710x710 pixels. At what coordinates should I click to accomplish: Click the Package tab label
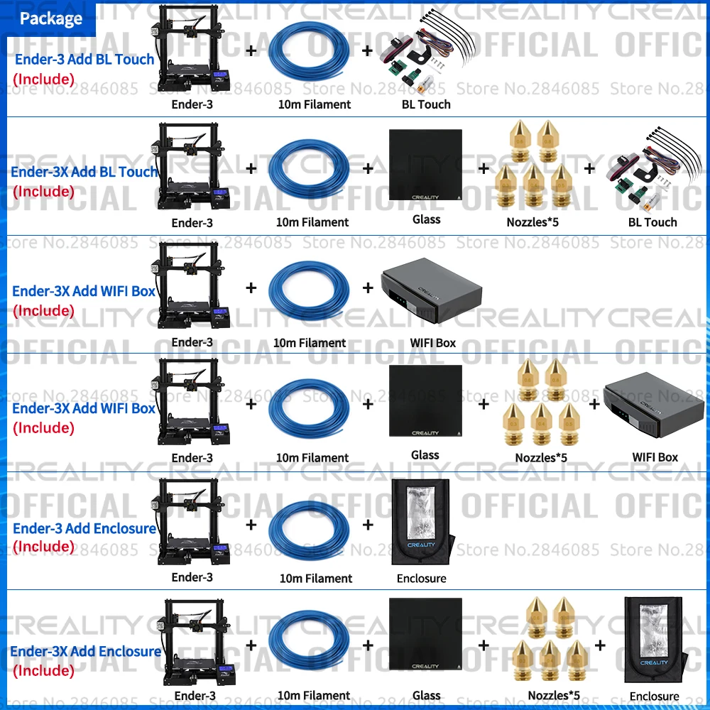(50, 18)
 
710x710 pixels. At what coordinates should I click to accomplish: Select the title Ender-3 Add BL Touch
(84, 59)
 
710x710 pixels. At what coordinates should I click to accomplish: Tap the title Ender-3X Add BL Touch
(84, 172)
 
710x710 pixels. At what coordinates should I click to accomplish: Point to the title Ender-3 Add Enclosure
(84, 528)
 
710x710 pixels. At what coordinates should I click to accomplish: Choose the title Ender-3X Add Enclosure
(85, 651)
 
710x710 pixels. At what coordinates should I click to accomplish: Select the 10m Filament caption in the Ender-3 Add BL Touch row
(314, 104)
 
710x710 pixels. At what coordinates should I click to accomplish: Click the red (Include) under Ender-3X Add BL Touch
(43, 191)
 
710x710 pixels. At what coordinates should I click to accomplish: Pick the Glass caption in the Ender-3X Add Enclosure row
(426, 696)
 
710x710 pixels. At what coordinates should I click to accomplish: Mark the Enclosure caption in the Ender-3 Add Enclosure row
(422, 579)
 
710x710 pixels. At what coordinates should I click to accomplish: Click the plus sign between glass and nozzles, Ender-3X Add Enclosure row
(484, 645)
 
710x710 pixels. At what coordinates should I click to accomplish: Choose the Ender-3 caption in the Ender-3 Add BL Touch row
(192, 104)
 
